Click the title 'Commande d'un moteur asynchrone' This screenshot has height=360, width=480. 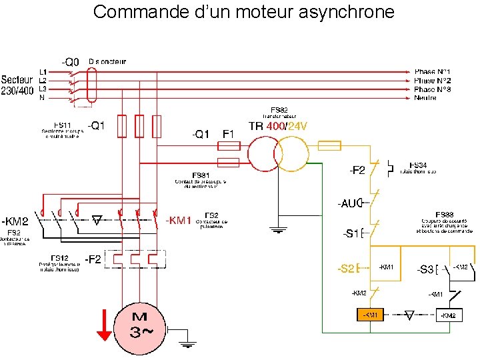coord(243,11)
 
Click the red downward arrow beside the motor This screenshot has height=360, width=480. coord(104,325)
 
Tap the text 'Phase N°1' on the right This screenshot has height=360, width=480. coord(432,71)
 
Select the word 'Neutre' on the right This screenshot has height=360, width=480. coord(425,98)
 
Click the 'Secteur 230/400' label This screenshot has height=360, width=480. coord(17,85)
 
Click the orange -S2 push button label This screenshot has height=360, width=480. coord(347,269)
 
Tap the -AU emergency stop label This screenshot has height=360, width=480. coord(349,202)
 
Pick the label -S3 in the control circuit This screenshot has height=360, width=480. coord(425,269)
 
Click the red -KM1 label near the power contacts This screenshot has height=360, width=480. coord(178,220)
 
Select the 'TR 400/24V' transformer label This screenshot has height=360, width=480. coord(277,125)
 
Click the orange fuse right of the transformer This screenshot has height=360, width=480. coord(329,145)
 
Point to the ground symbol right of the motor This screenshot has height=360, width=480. coord(188,343)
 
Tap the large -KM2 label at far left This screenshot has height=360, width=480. coord(15,221)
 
